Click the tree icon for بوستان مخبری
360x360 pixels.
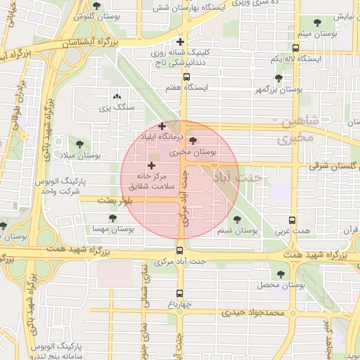[x=193, y=141]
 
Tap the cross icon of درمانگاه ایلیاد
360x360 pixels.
[x=162, y=125]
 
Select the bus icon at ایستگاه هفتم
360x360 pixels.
[x=186, y=77]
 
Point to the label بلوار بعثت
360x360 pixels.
[x=97, y=200]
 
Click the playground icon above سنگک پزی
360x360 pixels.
[x=116, y=97]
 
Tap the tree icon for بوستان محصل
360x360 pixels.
[x=281, y=274]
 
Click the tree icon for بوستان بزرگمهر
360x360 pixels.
[x=278, y=79]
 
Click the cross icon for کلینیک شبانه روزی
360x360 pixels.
[x=181, y=41]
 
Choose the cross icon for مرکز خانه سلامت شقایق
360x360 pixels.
[x=151, y=165]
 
